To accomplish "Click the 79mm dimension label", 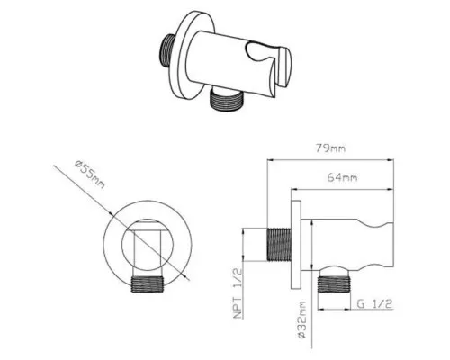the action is click(330, 148).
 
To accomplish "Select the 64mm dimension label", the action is click(342, 177).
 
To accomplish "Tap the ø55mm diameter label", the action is click(90, 175).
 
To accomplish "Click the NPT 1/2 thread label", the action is click(238, 293).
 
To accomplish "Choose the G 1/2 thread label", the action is click(374, 304).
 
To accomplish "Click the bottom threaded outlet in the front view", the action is click(148, 283).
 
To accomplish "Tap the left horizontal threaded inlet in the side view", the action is click(279, 245).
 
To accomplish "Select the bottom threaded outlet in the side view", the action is click(334, 284).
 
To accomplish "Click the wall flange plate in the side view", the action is click(296, 245).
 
